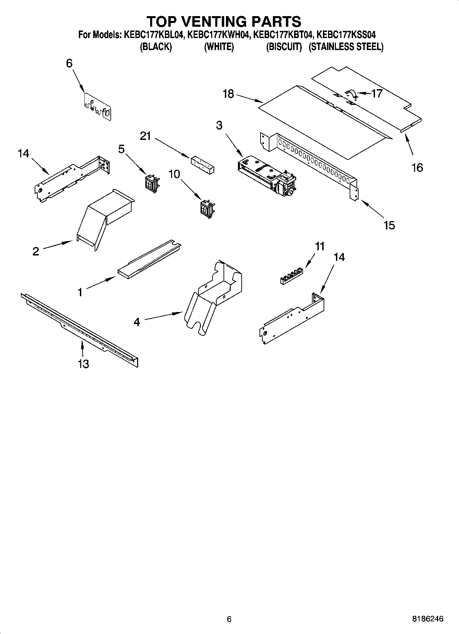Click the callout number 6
click(x=69, y=63)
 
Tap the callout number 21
click(x=145, y=136)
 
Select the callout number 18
click(x=228, y=94)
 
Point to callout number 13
click(x=83, y=363)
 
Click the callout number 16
click(x=417, y=168)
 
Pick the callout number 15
click(x=389, y=225)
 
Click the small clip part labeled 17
click(x=351, y=94)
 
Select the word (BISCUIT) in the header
click(x=284, y=47)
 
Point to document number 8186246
click(x=427, y=619)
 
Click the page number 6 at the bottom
click(x=229, y=619)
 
